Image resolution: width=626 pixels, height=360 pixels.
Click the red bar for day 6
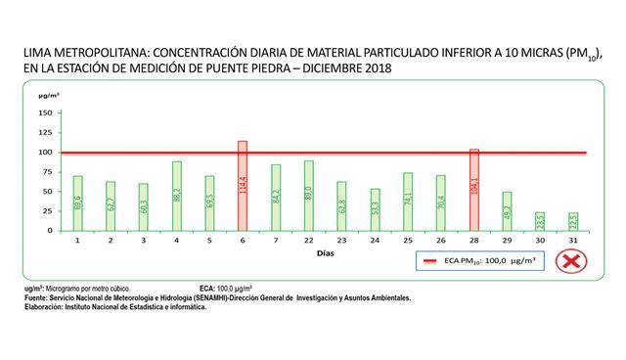[x=243, y=186]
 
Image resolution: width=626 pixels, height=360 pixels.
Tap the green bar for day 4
[x=177, y=196]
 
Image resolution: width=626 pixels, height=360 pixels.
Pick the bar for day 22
[x=308, y=196]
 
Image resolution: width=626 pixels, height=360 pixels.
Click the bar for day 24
[x=375, y=209]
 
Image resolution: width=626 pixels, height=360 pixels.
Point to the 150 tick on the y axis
[x=45, y=112]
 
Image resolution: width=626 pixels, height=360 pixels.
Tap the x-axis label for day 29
[x=507, y=240]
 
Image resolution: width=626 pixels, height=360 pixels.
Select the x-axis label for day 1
[x=77, y=240]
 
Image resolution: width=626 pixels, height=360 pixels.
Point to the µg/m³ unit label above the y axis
[x=48, y=96]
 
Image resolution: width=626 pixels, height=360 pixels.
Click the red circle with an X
[x=570, y=261]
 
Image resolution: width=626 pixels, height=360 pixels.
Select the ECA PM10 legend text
[x=488, y=261]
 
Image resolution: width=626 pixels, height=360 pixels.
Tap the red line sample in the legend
[x=428, y=261]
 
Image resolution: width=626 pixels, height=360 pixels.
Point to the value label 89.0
[x=308, y=196]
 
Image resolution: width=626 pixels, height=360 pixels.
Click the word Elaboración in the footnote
[x=44, y=306]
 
